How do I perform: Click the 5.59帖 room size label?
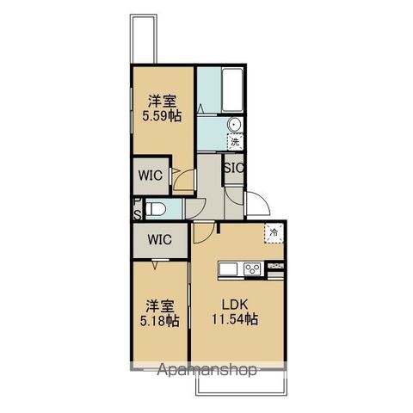pos(162,116)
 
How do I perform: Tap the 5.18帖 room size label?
pos(160,321)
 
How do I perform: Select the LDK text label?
pos(235,305)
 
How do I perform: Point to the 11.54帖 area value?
pos(235,319)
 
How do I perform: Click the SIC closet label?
pos(234,168)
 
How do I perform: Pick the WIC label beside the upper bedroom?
pos(151,176)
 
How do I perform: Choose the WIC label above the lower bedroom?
pos(160,239)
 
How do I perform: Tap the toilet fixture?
pos(156,208)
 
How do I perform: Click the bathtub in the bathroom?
pos(232,90)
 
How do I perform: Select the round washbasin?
pos(235,125)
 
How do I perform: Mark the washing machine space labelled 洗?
pos(235,142)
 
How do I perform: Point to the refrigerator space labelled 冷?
pos(274,233)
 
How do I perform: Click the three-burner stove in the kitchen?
pos(252,269)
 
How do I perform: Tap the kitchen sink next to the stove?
pos(228,269)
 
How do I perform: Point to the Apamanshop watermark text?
pos(206,370)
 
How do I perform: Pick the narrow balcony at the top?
pos(144,39)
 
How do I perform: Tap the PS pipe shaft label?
pos(138,209)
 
